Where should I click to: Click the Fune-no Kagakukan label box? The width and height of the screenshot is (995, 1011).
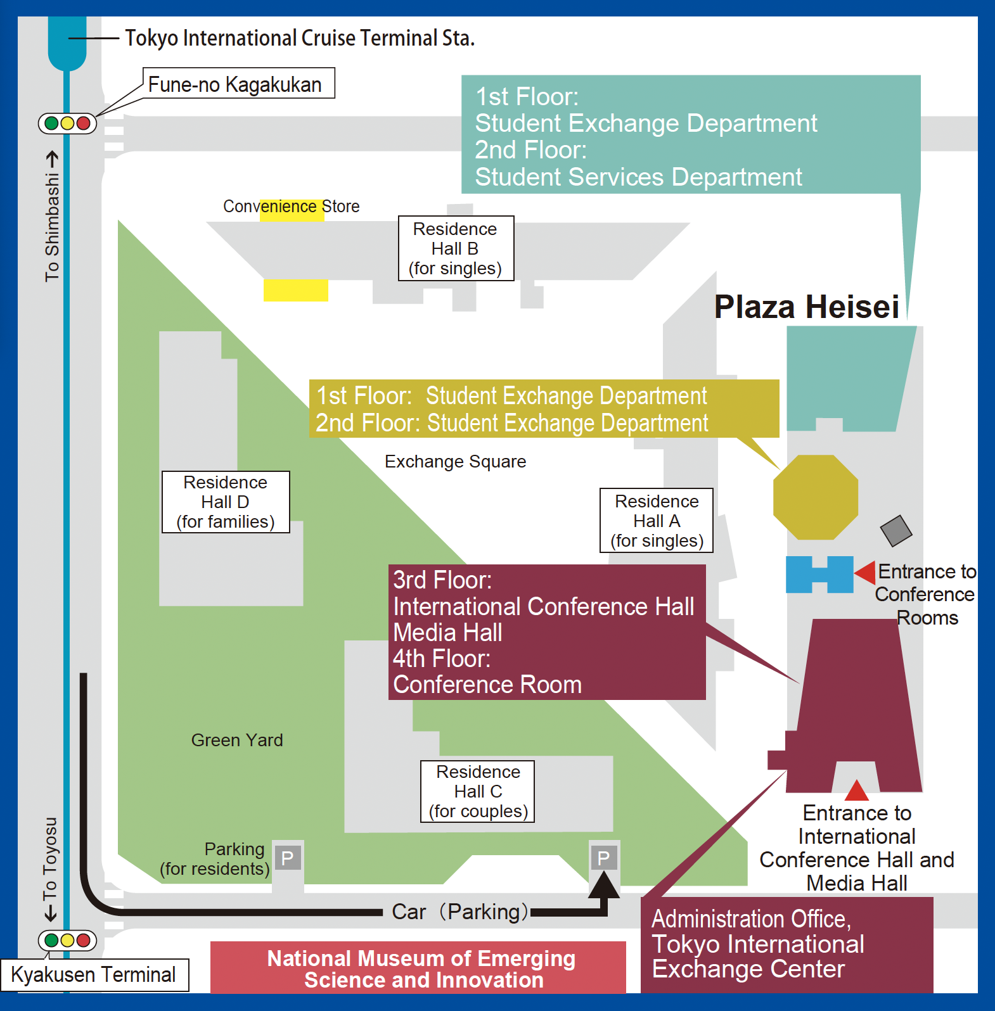[239, 84]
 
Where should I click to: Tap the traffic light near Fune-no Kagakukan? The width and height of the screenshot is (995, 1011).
[68, 123]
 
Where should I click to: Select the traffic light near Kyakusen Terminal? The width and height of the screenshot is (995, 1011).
[68, 940]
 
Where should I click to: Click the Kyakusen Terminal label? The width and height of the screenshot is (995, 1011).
[93, 975]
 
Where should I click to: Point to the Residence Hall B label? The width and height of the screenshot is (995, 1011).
[456, 248]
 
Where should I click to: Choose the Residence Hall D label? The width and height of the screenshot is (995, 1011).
[226, 502]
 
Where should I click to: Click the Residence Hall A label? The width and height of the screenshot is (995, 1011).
[657, 521]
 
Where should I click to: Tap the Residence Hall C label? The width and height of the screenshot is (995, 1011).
[478, 791]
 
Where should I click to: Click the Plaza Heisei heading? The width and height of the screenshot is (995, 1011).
[807, 307]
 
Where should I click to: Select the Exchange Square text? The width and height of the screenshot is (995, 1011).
[455, 461]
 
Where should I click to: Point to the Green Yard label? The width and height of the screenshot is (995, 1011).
[237, 740]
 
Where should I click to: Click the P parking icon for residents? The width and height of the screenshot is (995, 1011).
[288, 858]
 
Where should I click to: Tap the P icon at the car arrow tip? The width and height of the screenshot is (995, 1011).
[604, 858]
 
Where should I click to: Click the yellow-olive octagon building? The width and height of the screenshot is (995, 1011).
[816, 497]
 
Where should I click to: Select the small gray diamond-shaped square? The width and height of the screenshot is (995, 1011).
[896, 531]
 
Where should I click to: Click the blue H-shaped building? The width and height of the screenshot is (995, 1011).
[819, 575]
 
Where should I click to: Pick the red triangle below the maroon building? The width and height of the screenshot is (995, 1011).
[857, 791]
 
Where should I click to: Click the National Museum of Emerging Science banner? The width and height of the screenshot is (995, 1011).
[418, 968]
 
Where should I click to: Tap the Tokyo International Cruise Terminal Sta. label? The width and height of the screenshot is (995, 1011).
[300, 38]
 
